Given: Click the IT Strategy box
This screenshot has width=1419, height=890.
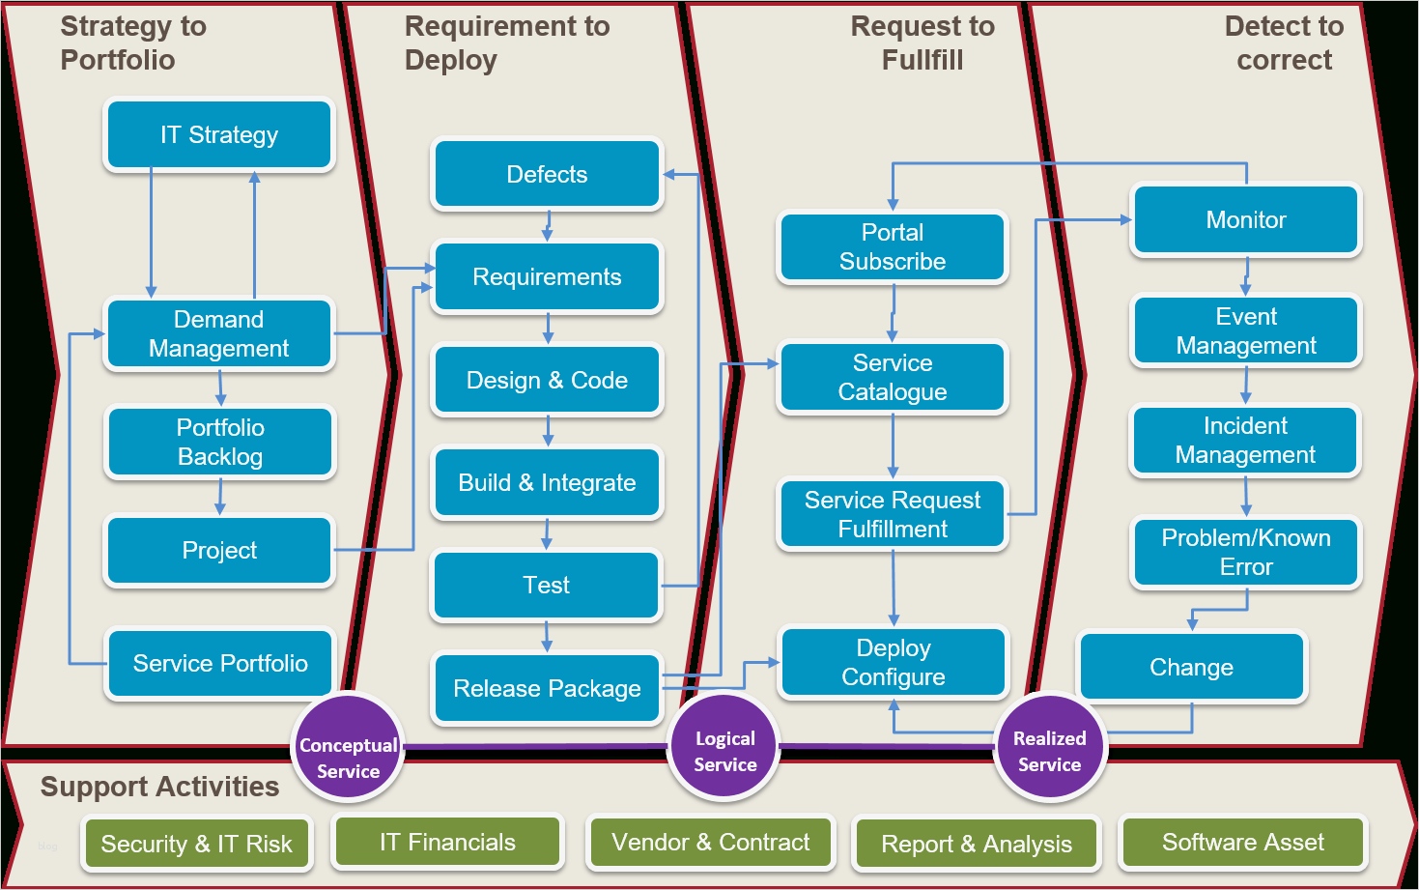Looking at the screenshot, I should [219, 135].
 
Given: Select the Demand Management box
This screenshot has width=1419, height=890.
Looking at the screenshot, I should [219, 334].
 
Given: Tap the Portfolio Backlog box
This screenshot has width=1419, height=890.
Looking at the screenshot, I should [220, 443].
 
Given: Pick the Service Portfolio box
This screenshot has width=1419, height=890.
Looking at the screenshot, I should [220, 664].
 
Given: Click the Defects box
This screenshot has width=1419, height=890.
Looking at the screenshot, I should [547, 175].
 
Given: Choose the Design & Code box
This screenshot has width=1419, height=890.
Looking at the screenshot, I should [547, 381].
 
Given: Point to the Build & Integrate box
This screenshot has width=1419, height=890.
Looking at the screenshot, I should [547, 483].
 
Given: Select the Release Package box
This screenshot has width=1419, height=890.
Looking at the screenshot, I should [547, 689].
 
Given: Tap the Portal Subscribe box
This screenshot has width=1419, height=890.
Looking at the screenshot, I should [893, 247].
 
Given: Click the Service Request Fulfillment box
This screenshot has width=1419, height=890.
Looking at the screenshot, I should [893, 515].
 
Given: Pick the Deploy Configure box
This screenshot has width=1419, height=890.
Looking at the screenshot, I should [894, 663].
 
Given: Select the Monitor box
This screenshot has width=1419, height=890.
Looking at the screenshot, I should [1246, 220].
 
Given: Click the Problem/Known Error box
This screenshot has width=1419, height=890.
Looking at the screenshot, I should [1246, 553].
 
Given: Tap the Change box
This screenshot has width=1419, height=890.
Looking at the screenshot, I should [1192, 668].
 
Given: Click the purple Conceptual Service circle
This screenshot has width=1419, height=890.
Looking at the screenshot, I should [348, 749].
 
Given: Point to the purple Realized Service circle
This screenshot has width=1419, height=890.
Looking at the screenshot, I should [1049, 751].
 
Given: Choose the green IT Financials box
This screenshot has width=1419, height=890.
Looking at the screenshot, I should [447, 843].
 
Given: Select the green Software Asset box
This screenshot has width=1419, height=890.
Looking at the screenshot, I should [1243, 843].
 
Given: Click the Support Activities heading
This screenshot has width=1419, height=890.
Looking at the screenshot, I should [159, 787].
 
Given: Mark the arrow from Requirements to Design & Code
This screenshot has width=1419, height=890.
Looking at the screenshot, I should [548, 329].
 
